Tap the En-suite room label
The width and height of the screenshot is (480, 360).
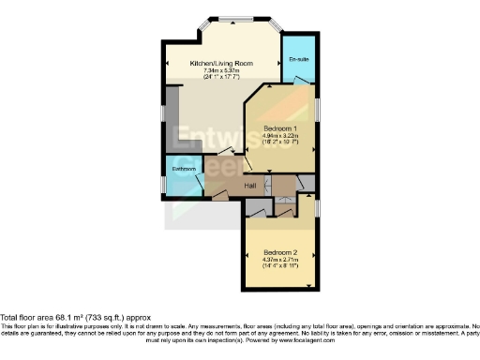point(299,60)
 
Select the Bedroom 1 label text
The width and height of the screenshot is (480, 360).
point(281,127)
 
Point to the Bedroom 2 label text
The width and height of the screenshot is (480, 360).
point(280,253)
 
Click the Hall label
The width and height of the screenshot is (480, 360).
point(251,186)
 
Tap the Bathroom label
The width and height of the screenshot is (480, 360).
point(182,170)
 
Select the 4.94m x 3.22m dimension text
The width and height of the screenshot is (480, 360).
point(281,135)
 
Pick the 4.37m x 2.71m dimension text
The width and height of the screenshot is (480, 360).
point(280,261)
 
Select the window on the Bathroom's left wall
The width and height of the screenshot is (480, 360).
point(165,177)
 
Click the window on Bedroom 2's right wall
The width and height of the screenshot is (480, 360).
point(317,207)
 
